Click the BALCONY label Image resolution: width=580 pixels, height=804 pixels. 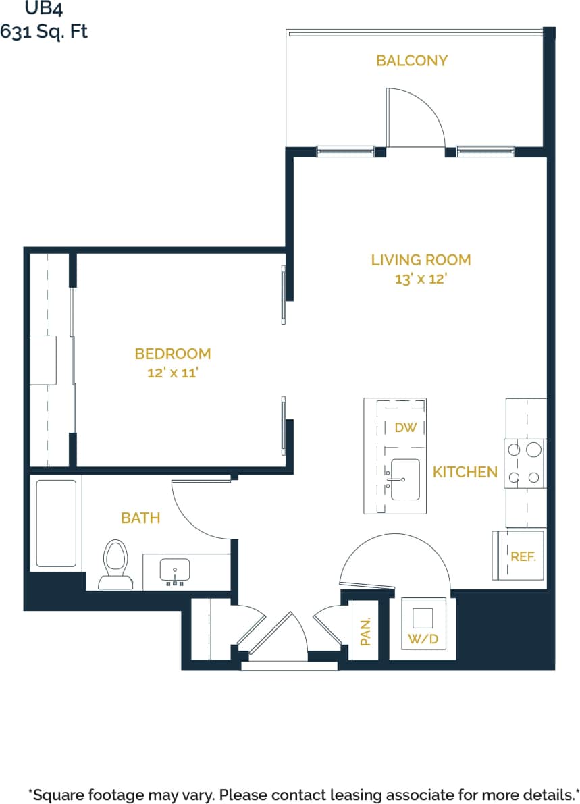tap(412, 61)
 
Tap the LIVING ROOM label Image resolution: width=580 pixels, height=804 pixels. tap(421, 260)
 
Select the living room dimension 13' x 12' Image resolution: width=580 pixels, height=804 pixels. tap(421, 279)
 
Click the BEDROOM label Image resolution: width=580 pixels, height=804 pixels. tap(173, 354)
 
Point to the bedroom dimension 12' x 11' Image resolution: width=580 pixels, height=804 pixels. tap(172, 373)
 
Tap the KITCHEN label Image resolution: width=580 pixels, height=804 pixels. tap(465, 473)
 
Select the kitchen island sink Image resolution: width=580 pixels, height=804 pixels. tap(404, 480)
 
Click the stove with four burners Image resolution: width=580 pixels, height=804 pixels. tap(525, 463)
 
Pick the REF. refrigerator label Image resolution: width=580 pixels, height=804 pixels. tap(523, 557)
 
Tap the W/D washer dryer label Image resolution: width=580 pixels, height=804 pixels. tap(423, 639)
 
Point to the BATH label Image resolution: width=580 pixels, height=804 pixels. tap(140, 518)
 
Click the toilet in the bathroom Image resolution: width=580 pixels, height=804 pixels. tap(115, 563)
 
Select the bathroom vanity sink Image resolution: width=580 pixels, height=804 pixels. tap(175, 571)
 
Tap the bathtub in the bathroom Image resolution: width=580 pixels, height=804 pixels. tap(55, 523)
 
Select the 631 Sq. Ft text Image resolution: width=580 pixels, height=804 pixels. tap(44, 31)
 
